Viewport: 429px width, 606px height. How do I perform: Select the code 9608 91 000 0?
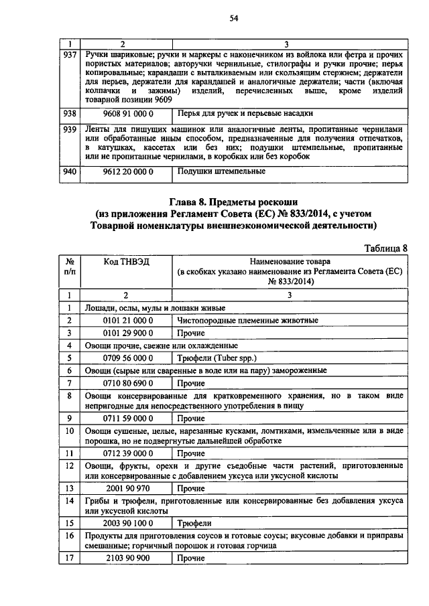coord(128,114)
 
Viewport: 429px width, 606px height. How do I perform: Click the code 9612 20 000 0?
coord(128,171)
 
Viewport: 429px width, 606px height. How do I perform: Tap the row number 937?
coord(69,54)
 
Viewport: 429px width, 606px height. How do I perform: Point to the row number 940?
coord(69,171)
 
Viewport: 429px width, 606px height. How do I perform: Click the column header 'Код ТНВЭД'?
coord(127,261)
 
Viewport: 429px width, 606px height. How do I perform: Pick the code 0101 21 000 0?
coord(128,321)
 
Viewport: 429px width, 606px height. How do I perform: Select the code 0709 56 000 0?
coord(128,358)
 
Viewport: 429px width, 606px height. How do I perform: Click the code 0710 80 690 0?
coord(128,383)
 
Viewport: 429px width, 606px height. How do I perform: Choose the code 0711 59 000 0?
coord(128,419)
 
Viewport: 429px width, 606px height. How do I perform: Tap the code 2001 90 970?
coord(128,488)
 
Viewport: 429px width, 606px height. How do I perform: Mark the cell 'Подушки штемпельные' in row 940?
coord(221,171)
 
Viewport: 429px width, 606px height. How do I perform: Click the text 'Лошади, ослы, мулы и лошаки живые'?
coord(154,308)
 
